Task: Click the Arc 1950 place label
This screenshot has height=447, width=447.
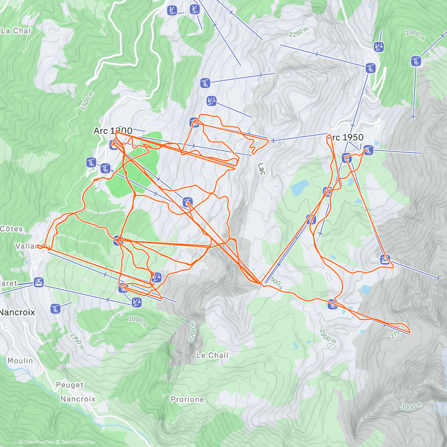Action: [x=345, y=137]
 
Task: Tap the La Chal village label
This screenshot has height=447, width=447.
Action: [x=16, y=31]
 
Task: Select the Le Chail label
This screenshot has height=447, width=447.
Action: [x=212, y=355]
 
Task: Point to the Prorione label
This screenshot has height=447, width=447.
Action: [x=187, y=399]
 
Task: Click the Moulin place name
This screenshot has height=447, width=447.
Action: [x=20, y=361]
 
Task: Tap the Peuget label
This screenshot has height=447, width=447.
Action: [x=70, y=385]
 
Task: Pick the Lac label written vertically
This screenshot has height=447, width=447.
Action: [x=261, y=169]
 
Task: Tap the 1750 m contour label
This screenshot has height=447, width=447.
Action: [x=77, y=341]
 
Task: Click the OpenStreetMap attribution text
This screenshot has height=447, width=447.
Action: [x=78, y=442]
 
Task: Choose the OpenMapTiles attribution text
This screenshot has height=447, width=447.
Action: [x=39, y=442]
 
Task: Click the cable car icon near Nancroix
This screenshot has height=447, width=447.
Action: [x=38, y=282]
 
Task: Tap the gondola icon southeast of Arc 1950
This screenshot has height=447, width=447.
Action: [x=385, y=259]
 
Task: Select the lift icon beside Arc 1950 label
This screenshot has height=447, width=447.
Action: [x=368, y=150]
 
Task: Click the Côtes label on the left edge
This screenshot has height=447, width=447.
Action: [x=12, y=229]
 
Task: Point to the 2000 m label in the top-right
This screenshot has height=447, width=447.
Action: [x=415, y=35]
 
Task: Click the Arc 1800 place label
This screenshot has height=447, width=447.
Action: [x=113, y=131]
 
